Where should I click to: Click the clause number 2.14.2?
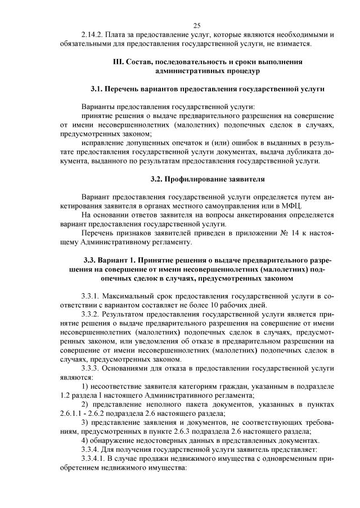(93, 35)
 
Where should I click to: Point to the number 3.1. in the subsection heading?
(98, 89)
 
